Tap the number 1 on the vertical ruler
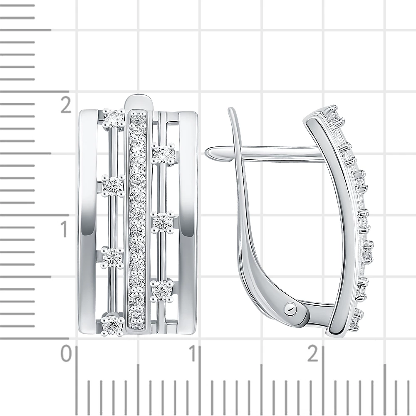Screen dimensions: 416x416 click(64, 229)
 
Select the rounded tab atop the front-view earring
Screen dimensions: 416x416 click(140, 102)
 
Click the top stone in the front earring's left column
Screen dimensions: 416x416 click(114, 118)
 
